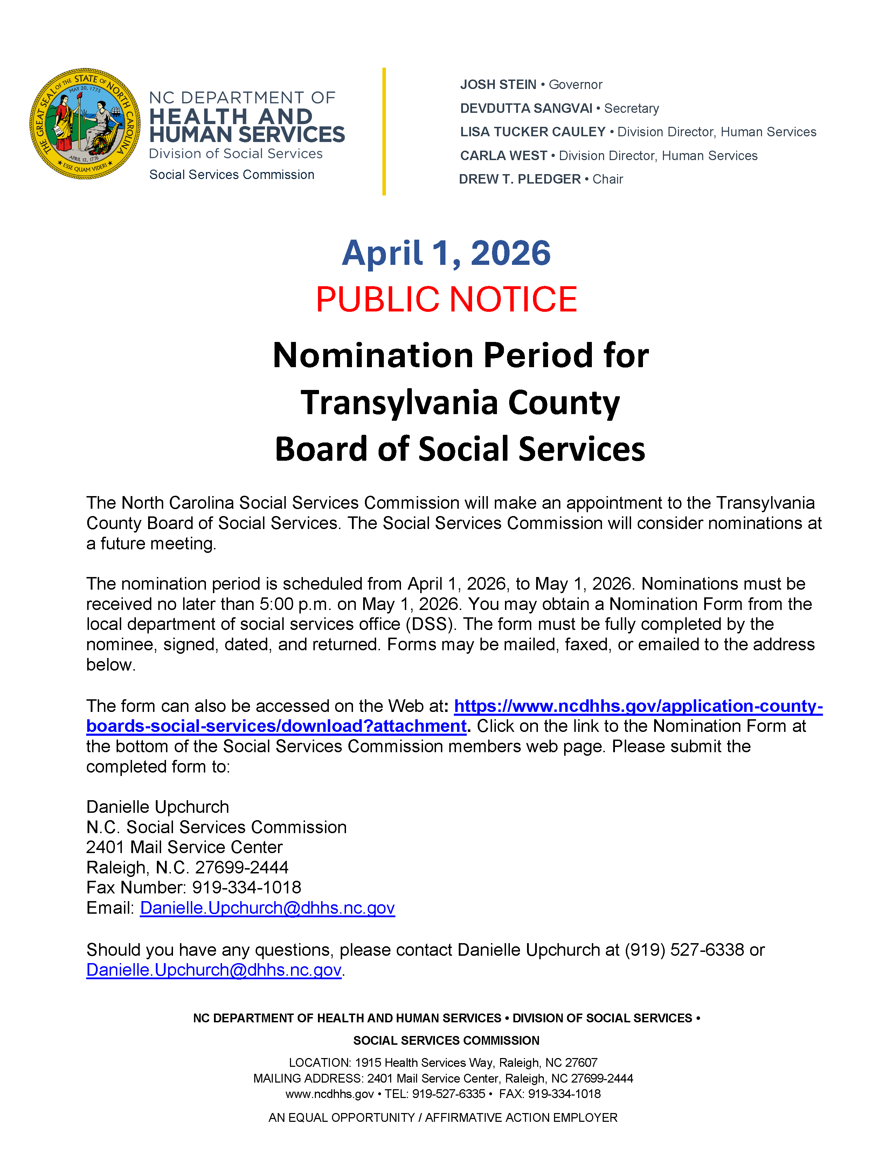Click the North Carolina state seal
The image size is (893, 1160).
point(85,124)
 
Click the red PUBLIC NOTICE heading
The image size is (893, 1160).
point(446,299)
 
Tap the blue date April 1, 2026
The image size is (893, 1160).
point(446,253)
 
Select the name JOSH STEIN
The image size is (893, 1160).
point(498,84)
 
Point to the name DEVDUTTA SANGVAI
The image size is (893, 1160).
point(526,108)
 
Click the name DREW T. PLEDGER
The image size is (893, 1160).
point(519,179)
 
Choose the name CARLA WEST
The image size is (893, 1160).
point(503,156)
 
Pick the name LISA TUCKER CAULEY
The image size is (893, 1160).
point(533,132)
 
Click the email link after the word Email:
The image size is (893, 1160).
point(267,908)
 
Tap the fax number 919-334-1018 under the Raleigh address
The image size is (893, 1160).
point(246,887)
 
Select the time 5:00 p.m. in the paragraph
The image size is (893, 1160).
point(295,604)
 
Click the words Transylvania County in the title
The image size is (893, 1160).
point(460,403)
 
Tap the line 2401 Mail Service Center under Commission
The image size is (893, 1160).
point(184,847)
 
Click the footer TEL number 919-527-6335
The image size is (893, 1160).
point(448,1093)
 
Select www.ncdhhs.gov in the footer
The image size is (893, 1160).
point(329,1093)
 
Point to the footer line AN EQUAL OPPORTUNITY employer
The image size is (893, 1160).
point(443,1118)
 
